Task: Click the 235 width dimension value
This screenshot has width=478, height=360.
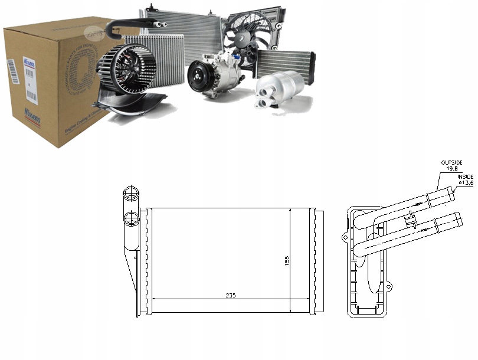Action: click(230, 295)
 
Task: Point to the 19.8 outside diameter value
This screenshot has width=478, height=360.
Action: click(452, 168)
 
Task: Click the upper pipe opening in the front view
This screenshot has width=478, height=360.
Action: click(130, 194)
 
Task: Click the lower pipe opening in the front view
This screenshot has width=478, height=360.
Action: click(130, 217)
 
